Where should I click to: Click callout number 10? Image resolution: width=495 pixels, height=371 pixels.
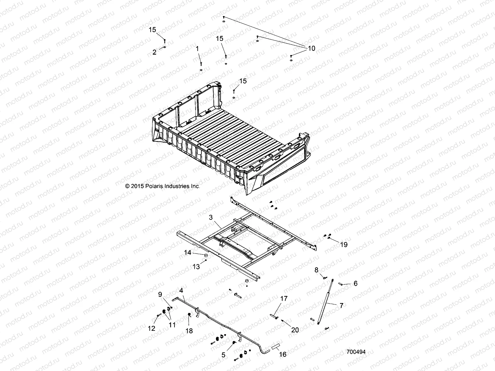pyautogui.click(x=311, y=49)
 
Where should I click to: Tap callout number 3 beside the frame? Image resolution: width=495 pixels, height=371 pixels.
pyautogui.click(x=211, y=218)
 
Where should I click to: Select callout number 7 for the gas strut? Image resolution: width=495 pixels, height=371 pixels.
pyautogui.click(x=341, y=306)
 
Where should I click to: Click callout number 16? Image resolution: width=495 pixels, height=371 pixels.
pyautogui.click(x=283, y=355)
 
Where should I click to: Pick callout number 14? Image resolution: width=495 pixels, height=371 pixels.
pyautogui.click(x=187, y=253)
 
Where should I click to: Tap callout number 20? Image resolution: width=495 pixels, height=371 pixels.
pyautogui.click(x=295, y=330)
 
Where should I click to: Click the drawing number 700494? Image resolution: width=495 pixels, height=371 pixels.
pyautogui.click(x=356, y=352)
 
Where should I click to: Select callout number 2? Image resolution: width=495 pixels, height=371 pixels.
pyautogui.click(x=155, y=52)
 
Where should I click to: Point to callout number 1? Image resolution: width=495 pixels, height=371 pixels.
pyautogui.click(x=197, y=49)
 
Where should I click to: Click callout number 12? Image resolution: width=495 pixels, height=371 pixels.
pyautogui.click(x=151, y=329)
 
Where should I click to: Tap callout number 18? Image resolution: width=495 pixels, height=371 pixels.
pyautogui.click(x=189, y=331)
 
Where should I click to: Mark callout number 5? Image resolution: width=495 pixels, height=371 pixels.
pyautogui.click(x=224, y=355)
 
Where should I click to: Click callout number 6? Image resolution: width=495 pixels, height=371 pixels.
pyautogui.click(x=355, y=283)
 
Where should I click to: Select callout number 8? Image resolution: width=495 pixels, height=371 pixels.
pyautogui.click(x=316, y=270)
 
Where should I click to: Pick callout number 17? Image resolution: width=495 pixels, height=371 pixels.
pyautogui.click(x=284, y=299)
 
